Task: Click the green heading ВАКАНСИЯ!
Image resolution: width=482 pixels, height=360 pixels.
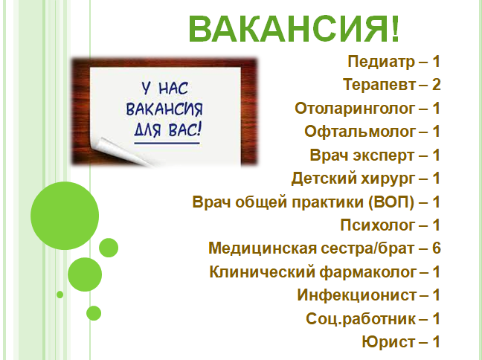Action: point(294,29)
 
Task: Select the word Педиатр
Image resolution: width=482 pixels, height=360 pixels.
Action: point(381,62)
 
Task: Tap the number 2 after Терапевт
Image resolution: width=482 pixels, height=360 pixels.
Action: point(436,84)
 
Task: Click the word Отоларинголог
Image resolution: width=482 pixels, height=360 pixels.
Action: point(355,109)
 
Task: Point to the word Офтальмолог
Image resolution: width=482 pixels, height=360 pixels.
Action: point(360,132)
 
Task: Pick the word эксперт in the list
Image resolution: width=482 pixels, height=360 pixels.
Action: point(384,155)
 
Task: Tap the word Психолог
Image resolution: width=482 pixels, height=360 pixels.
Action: point(377,225)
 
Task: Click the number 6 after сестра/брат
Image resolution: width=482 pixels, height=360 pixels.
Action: point(436,248)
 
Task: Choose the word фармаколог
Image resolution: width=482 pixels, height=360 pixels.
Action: point(368,272)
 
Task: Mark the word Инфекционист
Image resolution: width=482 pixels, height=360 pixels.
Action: point(357,295)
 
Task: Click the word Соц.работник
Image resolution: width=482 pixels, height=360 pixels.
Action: point(361,319)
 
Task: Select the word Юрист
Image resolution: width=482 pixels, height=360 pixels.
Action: point(388,342)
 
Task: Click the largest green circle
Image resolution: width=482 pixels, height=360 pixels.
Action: point(65,216)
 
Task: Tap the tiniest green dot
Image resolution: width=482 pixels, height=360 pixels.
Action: point(60,295)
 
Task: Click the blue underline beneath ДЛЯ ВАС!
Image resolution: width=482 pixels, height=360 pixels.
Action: point(167,143)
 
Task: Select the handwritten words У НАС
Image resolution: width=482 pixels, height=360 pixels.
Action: point(164,89)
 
